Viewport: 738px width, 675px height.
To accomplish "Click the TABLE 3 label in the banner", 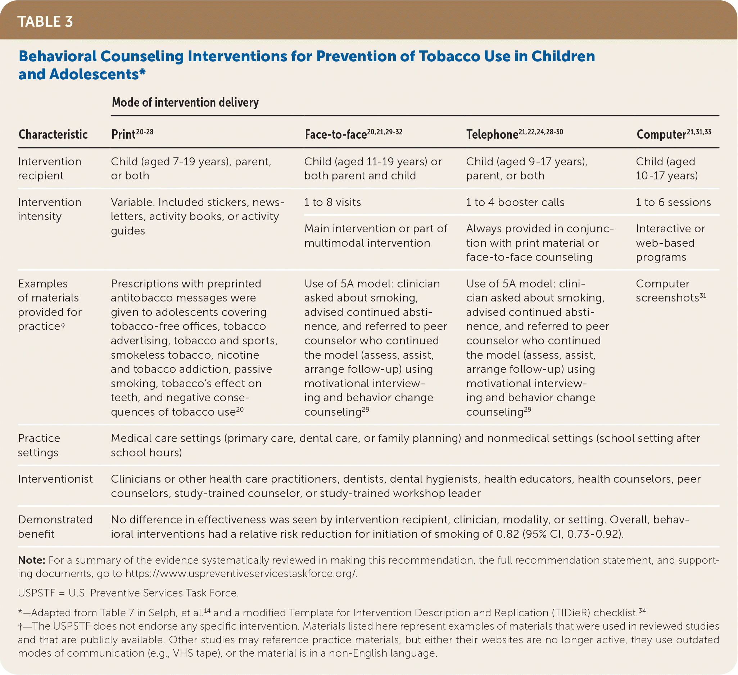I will coord(45,22).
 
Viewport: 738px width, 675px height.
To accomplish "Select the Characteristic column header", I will coord(53,134).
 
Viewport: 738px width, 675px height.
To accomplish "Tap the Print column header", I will coord(123,134).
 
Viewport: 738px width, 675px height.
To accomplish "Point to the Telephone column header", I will coord(492,134).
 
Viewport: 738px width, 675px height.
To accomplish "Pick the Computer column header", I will coord(661,134).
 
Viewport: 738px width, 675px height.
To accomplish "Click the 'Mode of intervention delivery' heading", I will coord(185,102).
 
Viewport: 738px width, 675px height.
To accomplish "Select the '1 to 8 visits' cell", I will coord(332,202).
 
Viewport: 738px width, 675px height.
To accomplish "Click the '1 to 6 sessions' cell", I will coord(673,202).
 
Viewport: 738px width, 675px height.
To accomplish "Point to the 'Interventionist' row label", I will coord(55,479).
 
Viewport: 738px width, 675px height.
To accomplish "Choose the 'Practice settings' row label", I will coord(39,445).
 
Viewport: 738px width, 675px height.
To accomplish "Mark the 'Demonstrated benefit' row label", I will coord(55,527).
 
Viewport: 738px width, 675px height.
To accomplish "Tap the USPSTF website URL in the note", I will coord(241,573).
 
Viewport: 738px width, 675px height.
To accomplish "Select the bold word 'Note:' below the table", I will coord(31,560).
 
